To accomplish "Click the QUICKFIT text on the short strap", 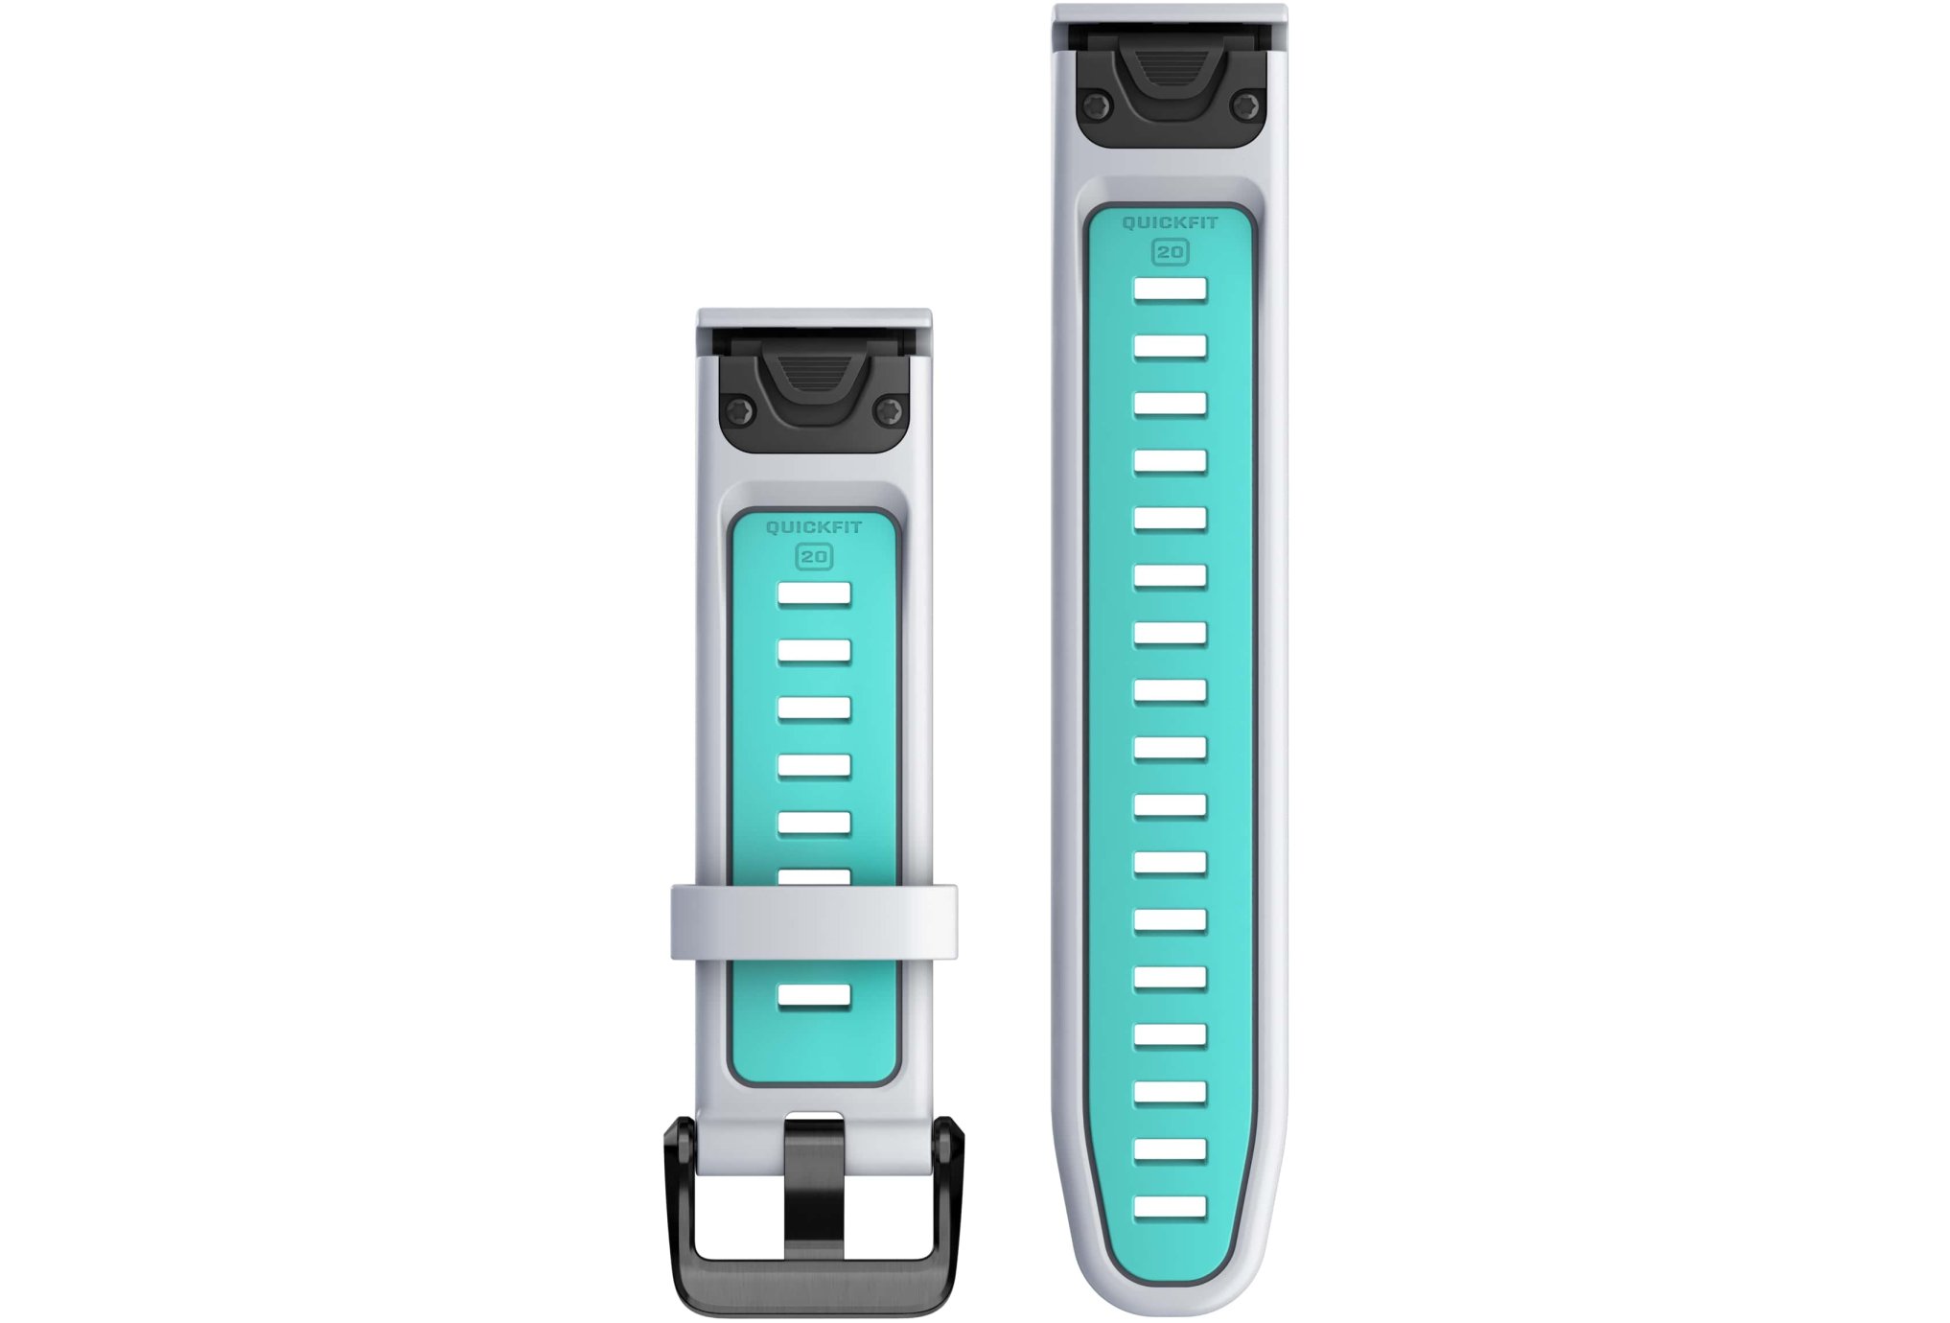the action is pos(814,527).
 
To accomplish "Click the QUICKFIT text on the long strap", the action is pos(1170,222).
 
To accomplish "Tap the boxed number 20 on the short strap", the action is pos(815,557).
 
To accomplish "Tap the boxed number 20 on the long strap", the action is pos(1171,252).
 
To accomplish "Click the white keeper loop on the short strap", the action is pos(814,921).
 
